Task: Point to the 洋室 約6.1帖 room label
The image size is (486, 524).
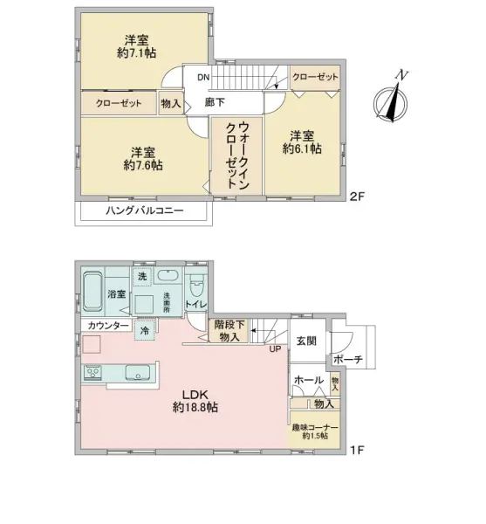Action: [x=302, y=142]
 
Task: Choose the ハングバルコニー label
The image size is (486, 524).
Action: [x=143, y=211]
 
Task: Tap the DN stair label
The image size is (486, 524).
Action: [x=202, y=78]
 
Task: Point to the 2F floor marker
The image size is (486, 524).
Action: [x=356, y=196]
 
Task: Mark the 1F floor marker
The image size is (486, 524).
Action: [x=356, y=452]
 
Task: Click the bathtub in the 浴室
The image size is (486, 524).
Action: [x=94, y=288]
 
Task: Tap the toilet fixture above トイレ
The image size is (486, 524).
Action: [x=196, y=286]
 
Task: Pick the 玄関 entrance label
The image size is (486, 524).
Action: [x=306, y=341]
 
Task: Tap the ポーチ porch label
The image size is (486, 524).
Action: [x=347, y=360]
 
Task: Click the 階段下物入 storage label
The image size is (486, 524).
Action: [x=231, y=331]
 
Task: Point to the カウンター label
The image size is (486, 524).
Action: [x=108, y=326]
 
